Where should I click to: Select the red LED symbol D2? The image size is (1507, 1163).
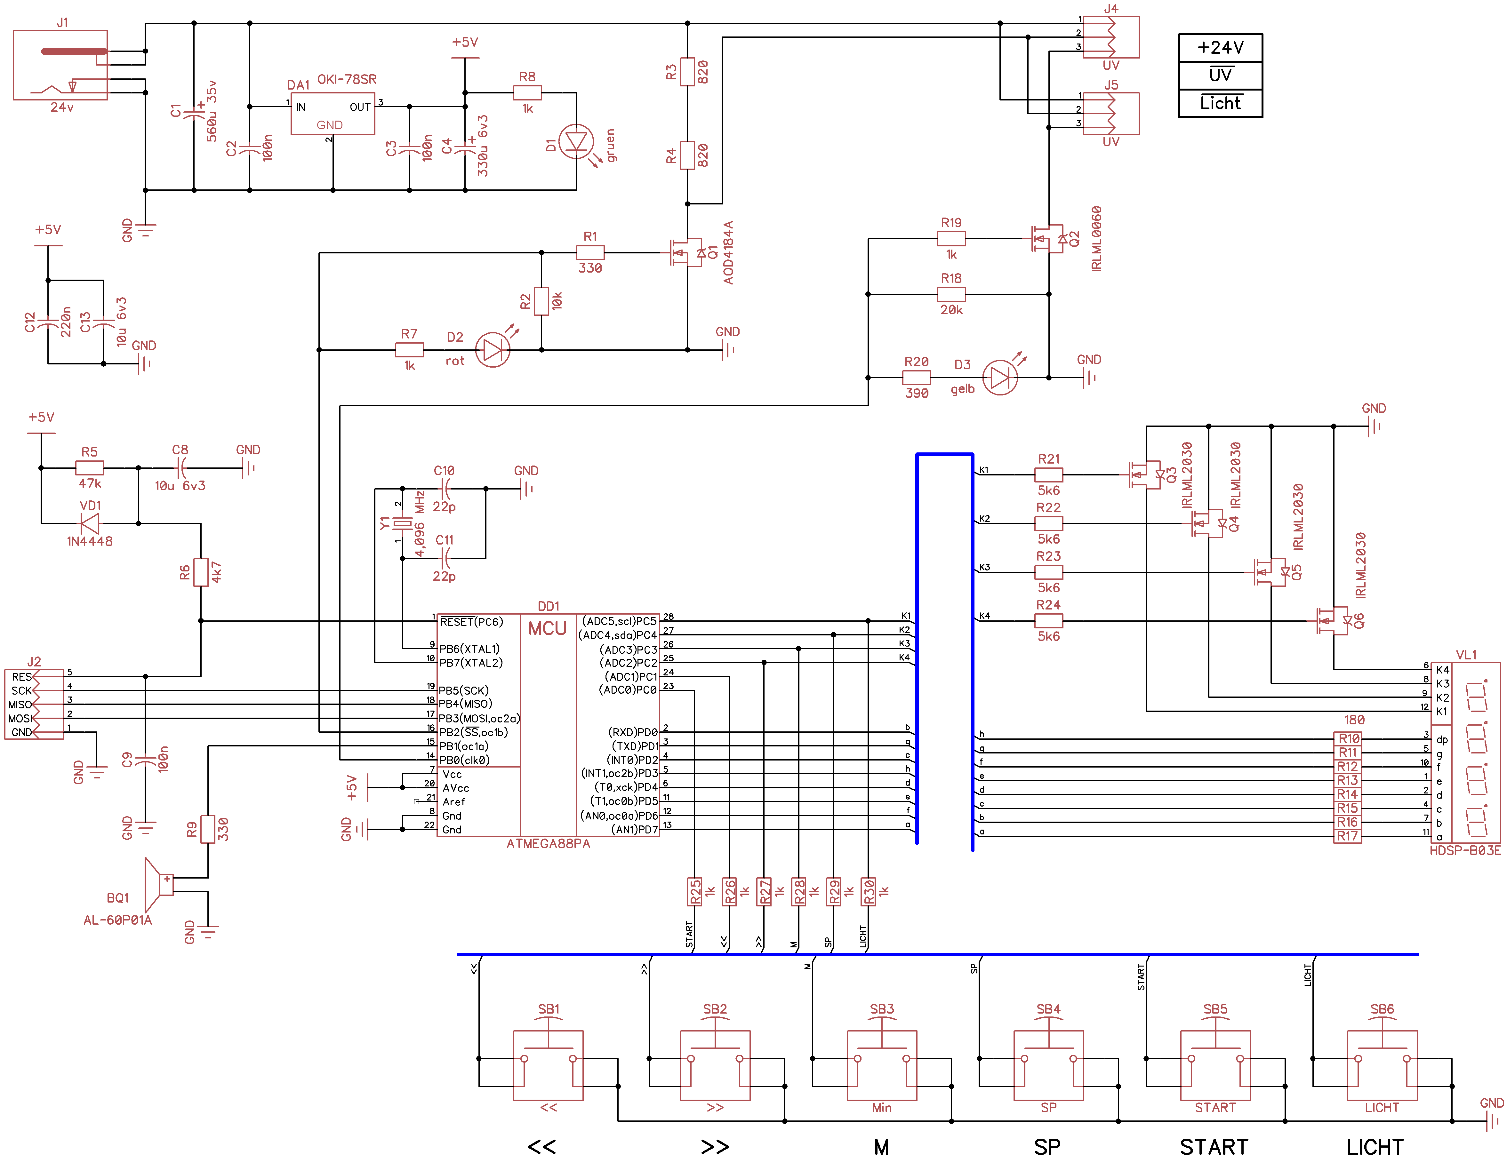[x=493, y=350]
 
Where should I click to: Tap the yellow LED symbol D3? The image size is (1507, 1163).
[x=1000, y=377]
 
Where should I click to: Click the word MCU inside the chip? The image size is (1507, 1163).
[x=547, y=628]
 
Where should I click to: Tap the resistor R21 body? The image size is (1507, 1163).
[x=1048, y=474]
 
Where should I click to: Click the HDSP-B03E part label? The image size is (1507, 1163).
[x=1465, y=850]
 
